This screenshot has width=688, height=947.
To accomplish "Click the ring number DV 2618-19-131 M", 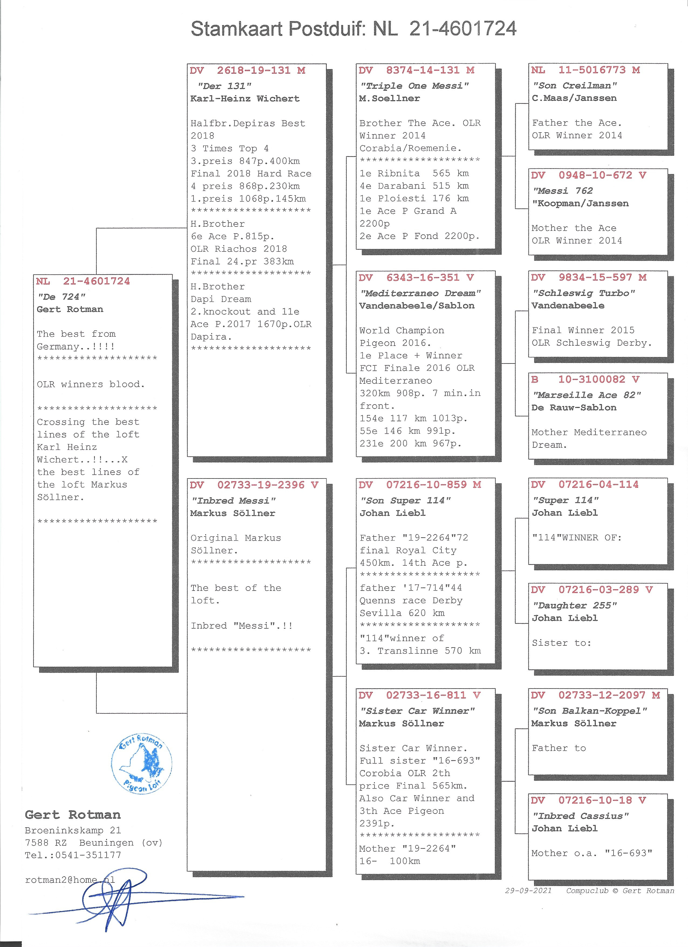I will tap(248, 70).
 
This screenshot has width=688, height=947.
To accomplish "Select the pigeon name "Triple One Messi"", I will tap(414, 86).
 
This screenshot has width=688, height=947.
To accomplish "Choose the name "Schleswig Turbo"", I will tap(584, 293).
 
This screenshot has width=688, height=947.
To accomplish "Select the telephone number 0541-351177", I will tap(88, 855).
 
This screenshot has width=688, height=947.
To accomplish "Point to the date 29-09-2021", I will tap(528, 891).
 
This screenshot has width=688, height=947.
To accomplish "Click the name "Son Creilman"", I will tap(575, 86).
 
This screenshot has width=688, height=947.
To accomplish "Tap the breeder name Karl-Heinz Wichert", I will tap(245, 99).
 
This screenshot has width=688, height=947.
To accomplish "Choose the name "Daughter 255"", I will tap(574, 605).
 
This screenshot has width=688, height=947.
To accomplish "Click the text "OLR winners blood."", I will tap(91, 385).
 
